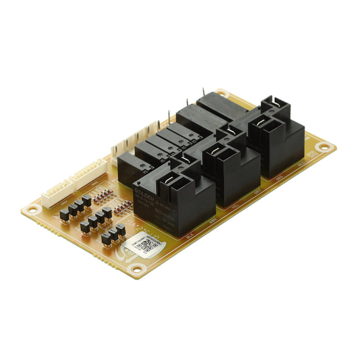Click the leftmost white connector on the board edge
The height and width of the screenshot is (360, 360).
pos(55,195)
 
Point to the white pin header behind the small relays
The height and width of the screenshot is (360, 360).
pos(135,140)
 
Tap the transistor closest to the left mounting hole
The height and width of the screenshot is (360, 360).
pos(64,215)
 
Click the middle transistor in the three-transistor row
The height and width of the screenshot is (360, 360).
pos(113,236)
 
